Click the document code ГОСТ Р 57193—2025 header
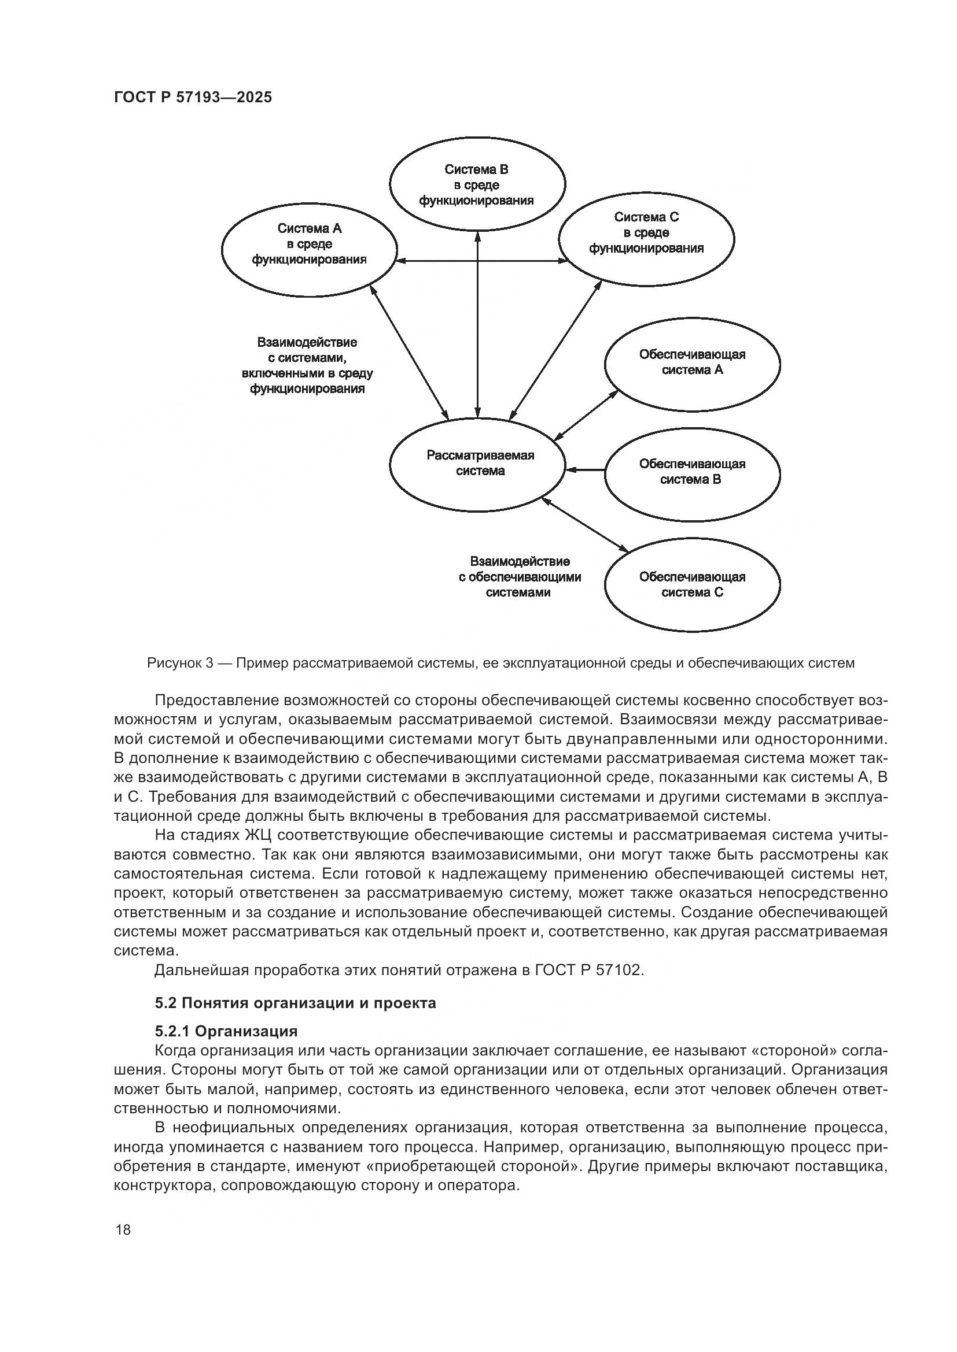(x=193, y=98)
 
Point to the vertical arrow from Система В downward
(x=477, y=324)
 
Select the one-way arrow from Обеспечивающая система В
(x=584, y=469)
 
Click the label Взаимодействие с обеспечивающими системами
(x=519, y=577)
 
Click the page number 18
(x=123, y=1230)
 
